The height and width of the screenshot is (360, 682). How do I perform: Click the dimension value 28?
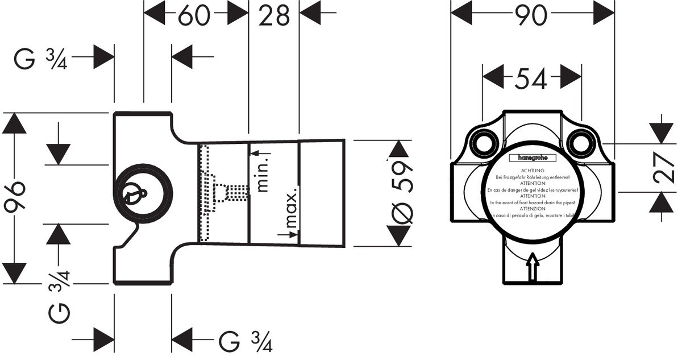coord(274,16)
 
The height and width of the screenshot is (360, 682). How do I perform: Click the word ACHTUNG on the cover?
coord(533,171)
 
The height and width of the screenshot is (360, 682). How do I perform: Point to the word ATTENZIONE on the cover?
coord(533,209)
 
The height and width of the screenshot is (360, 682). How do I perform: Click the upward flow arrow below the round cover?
coord(533,266)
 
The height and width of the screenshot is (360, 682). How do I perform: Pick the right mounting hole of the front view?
coord(580,143)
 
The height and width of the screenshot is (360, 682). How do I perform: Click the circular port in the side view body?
coord(143,193)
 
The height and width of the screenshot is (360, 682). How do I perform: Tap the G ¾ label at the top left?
coord(41,58)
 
